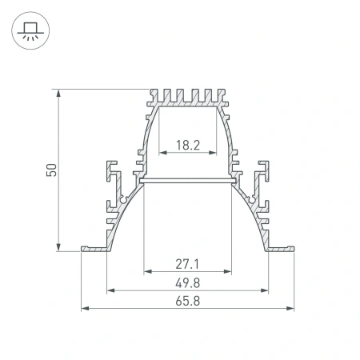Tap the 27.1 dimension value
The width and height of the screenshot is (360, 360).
pyautogui.click(x=187, y=263)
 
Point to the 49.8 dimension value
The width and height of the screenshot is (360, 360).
pyautogui.click(x=187, y=282)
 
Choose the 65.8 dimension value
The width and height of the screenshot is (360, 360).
pyautogui.click(x=187, y=300)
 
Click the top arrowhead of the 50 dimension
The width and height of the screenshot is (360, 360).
pyautogui.click(x=59, y=93)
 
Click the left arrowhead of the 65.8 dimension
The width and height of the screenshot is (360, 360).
pyautogui.click(x=85, y=308)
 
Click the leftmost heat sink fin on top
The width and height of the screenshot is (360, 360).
pyautogui.click(x=153, y=95)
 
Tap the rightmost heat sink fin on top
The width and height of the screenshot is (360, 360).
pyautogui.click(x=222, y=95)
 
